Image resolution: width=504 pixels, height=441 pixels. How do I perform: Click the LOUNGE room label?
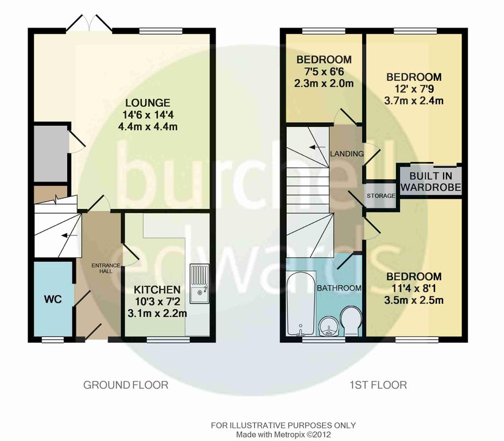click(148, 103)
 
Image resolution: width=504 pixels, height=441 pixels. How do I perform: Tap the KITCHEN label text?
click(157, 290)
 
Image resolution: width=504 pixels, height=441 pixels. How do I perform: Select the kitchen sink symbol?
click(199, 284)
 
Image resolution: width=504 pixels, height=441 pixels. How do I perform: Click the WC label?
click(53, 299)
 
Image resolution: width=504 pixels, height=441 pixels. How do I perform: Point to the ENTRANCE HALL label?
click(106, 268)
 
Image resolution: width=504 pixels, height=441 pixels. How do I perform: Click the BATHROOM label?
click(339, 288)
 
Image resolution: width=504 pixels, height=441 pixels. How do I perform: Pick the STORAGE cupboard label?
click(381, 196)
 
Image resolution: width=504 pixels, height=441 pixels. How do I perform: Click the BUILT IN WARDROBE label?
click(430, 181)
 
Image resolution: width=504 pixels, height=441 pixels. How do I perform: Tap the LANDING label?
click(347, 154)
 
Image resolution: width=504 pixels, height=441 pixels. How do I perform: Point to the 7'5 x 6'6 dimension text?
click(324, 72)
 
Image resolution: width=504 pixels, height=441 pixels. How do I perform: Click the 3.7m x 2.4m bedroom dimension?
click(414, 101)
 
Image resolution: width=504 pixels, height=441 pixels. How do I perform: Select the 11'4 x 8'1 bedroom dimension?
click(414, 288)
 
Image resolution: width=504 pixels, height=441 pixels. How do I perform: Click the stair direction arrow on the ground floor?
click(70, 236)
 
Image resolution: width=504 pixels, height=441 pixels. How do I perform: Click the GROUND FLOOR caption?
click(126, 385)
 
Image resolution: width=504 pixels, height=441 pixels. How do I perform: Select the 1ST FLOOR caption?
click(378, 385)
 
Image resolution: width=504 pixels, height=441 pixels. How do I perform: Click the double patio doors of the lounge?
click(89, 23)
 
